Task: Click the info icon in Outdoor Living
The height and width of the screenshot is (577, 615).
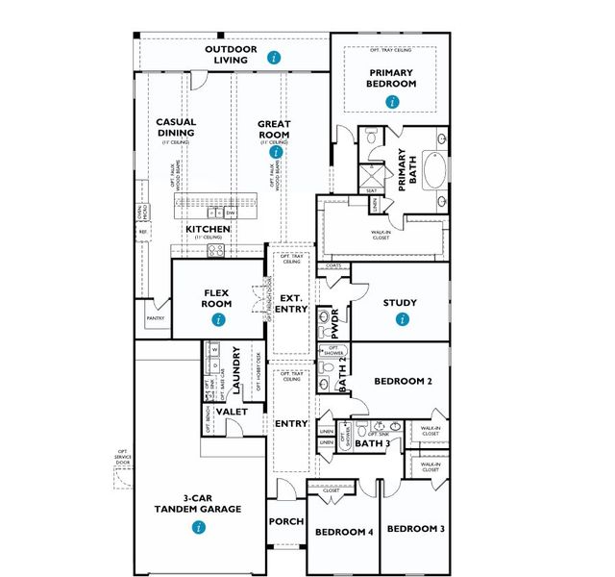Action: (276, 58)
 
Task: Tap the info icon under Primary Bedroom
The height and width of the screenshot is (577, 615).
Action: (391, 101)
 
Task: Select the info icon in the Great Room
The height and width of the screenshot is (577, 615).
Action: (277, 151)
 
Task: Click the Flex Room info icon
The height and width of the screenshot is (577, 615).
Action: (218, 318)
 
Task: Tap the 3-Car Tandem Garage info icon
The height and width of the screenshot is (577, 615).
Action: (198, 527)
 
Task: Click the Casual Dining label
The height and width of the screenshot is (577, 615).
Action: (176, 128)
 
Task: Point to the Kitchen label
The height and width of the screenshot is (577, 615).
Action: (208, 229)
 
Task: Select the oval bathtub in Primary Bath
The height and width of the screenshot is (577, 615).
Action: (437, 168)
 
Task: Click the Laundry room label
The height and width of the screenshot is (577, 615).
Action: (235, 371)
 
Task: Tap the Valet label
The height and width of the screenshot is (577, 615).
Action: (231, 412)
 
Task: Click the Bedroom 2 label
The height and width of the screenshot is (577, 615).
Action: (403, 382)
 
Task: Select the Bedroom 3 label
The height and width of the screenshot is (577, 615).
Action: (415, 529)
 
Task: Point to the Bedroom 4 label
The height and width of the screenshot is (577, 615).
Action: (344, 532)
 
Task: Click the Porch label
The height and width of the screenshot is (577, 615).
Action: (285, 521)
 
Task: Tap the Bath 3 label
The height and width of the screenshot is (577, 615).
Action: (373, 443)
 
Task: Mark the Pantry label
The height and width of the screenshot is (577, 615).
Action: (156, 316)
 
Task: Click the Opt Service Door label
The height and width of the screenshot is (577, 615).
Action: (122, 459)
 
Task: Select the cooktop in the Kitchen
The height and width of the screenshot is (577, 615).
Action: (216, 250)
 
